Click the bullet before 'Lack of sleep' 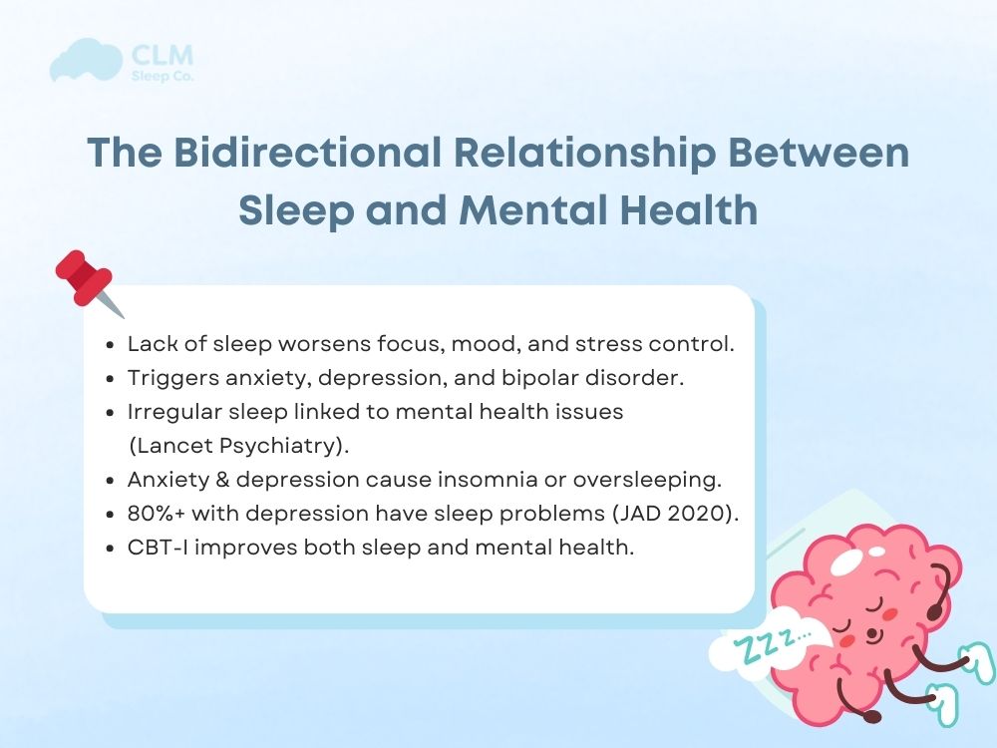pos(112,344)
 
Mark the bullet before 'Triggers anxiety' pos(112,378)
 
